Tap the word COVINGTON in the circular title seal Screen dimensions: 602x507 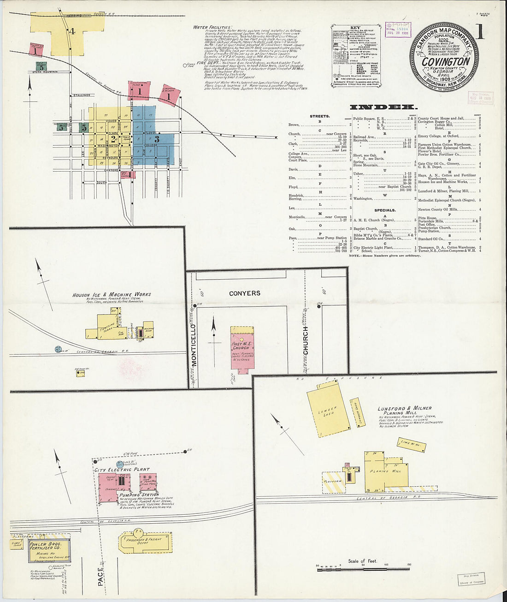pos(446,61)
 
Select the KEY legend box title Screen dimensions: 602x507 pos(356,28)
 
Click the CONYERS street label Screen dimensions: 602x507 pos(244,293)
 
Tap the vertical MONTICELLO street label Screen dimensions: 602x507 pos(194,346)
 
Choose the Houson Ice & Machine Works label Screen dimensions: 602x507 pos(112,294)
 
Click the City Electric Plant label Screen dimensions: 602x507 pos(122,470)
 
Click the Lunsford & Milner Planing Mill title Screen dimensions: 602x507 pos(405,411)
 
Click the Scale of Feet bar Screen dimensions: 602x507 pos(363,570)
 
